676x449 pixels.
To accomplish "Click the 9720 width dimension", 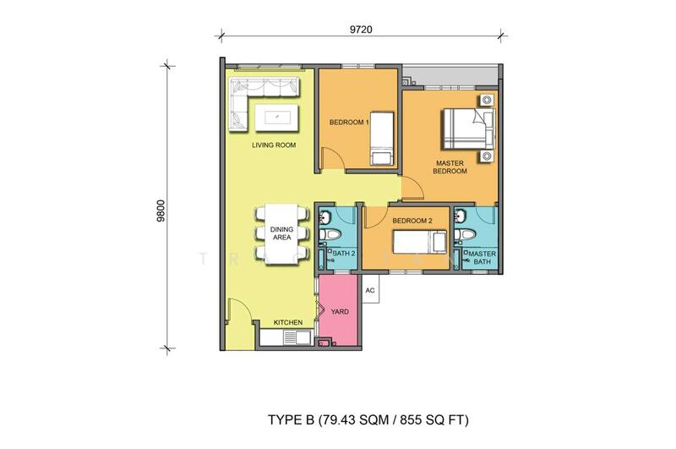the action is click(361, 30).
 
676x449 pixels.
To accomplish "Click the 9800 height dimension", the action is click(161, 210).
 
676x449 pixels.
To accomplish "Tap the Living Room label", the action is click(274, 145).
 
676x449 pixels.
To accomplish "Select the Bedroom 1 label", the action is click(349, 123).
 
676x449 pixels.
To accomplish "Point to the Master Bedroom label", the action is click(450, 167).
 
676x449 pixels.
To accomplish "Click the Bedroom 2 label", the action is click(412, 221).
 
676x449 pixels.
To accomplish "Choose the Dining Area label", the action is click(281, 233).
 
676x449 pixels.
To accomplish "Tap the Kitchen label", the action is click(288, 322).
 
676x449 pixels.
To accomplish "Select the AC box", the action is click(370, 289).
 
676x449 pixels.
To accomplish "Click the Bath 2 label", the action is click(344, 254).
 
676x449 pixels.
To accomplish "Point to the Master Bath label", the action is click(482, 258).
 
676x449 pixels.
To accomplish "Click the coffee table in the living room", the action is click(276, 118).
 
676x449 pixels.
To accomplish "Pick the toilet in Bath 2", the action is click(330, 234).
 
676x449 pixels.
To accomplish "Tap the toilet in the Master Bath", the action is click(465, 234).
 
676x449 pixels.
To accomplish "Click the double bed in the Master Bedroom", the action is click(467, 129).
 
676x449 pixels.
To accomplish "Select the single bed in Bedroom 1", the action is click(382, 139).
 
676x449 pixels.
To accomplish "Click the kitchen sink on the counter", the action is click(297, 337).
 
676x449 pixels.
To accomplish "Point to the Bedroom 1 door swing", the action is click(333, 158).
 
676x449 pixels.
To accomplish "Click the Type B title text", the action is click(368, 419).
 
